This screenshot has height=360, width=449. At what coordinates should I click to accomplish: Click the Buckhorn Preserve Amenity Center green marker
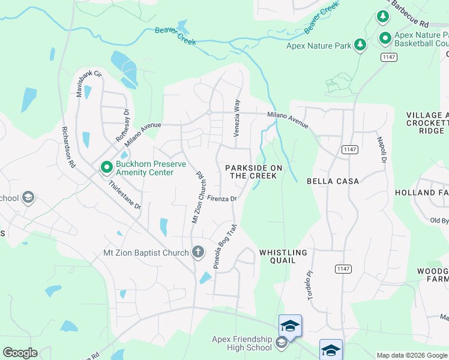click(x=106, y=167)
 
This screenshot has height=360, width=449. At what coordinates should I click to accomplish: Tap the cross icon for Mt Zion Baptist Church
click(x=198, y=253)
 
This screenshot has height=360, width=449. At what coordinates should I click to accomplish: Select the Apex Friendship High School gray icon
click(x=282, y=343)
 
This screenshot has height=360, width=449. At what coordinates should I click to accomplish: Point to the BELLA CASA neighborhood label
click(x=333, y=181)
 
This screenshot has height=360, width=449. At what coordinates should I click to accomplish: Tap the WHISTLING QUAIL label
click(x=283, y=256)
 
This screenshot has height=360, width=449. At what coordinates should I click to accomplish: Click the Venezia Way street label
click(x=237, y=118)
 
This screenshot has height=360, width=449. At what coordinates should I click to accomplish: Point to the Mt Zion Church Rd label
click(x=198, y=198)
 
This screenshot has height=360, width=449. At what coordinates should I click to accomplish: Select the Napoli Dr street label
click(x=381, y=149)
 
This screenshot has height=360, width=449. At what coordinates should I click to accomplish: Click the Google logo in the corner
click(x=20, y=353)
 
